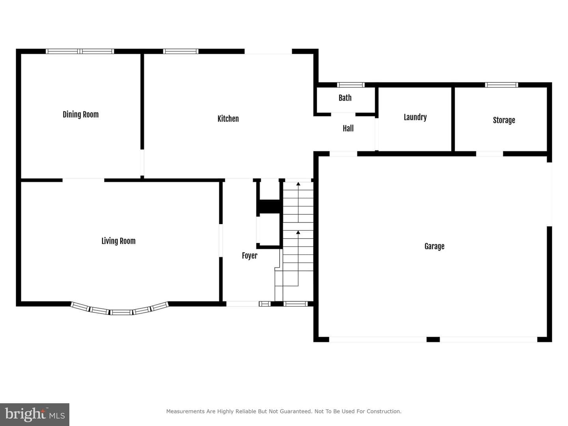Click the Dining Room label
(x=80, y=114)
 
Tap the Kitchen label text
(x=228, y=119)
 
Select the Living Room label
(x=118, y=241)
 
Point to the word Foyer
(x=249, y=256)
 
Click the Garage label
(x=434, y=246)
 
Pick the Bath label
(x=345, y=98)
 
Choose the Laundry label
(x=415, y=117)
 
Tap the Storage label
(x=504, y=120)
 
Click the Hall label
(x=348, y=128)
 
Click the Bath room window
(x=351, y=85)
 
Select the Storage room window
(x=501, y=85)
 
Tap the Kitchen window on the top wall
(x=181, y=51)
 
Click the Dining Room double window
(x=80, y=51)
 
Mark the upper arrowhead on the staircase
(x=298, y=184)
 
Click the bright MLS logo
(x=35, y=414)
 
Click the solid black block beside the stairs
(x=269, y=207)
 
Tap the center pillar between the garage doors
(x=433, y=339)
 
